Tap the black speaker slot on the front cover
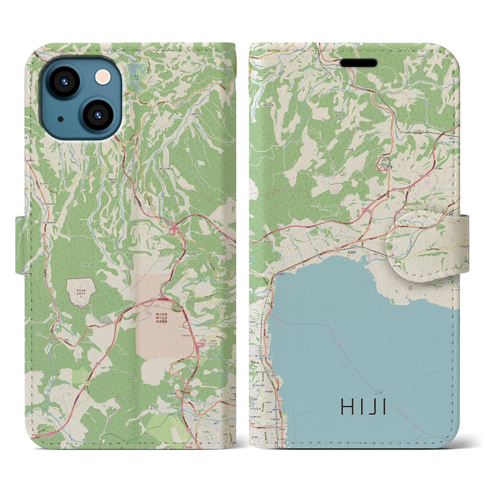coord(358,63)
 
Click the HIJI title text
coord(363,407)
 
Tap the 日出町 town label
coord(351,251)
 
